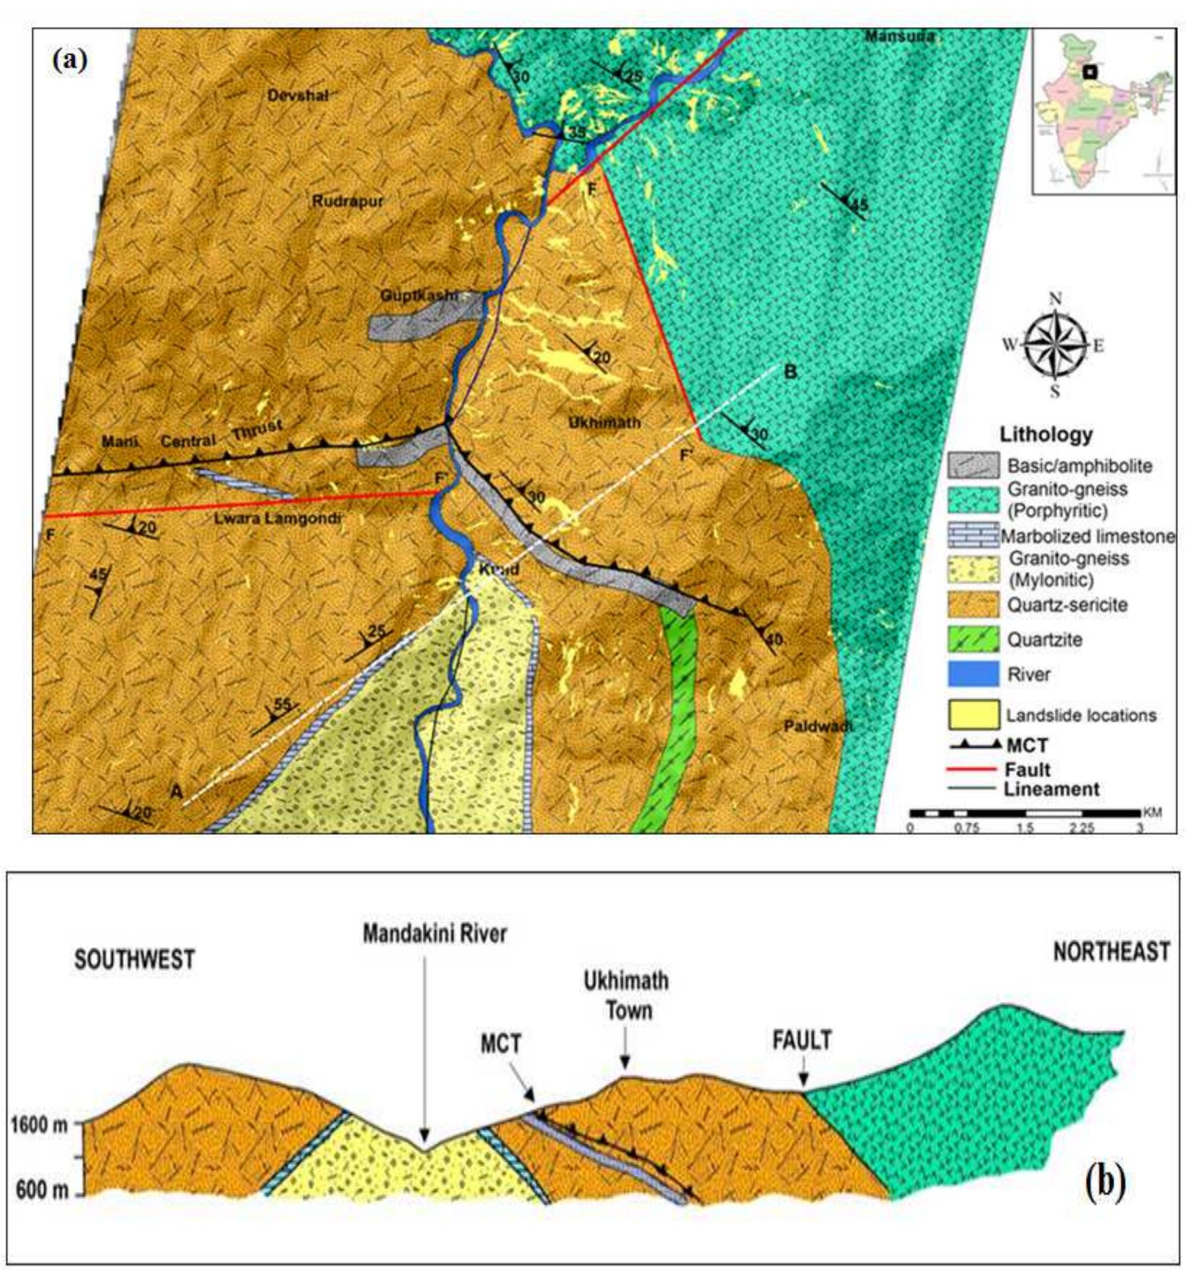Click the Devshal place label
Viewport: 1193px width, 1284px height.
coord(298,95)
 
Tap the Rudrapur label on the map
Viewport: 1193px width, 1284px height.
coord(347,201)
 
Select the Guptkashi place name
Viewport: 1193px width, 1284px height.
coord(419,296)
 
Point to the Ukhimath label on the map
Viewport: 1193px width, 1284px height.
coord(603,422)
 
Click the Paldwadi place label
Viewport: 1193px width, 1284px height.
coord(818,726)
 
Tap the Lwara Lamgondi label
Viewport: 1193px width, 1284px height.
coord(277,519)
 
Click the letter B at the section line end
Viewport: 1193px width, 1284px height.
coord(791,372)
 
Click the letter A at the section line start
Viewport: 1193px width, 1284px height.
coord(176,792)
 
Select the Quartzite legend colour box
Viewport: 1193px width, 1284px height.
coord(973,640)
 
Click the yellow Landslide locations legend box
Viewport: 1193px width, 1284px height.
coord(973,715)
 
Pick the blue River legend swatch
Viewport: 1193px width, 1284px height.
coord(973,675)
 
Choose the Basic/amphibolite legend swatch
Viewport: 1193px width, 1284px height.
coord(973,465)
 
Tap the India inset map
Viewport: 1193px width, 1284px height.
coord(1104,112)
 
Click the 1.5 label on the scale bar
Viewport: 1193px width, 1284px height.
coord(1025,828)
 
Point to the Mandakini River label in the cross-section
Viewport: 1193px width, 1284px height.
coord(434,934)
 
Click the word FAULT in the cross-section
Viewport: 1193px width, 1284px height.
coord(801,1041)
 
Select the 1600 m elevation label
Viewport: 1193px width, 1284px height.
coord(39,1125)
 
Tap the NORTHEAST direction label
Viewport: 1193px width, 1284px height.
coord(1111,952)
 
